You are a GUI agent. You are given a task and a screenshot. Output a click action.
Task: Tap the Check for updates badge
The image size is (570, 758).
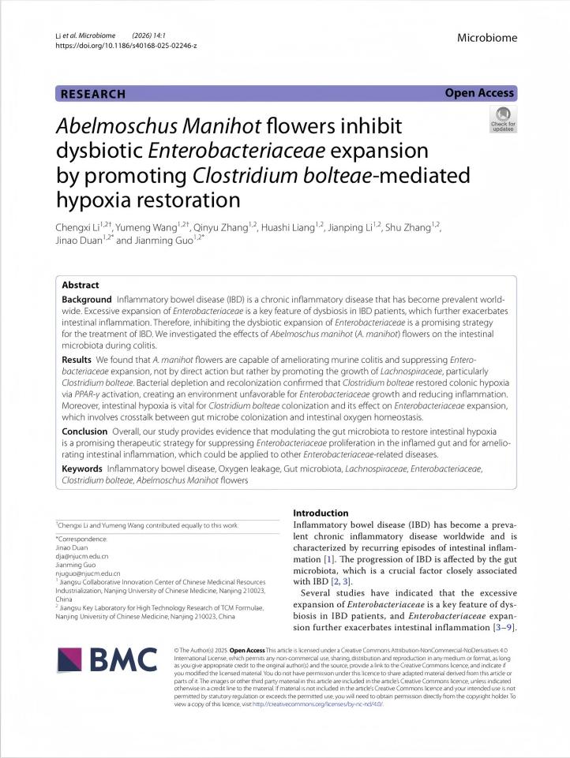pyautogui.click(x=503, y=119)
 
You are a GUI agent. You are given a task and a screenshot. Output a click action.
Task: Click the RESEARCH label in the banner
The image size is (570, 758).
pyautogui.click(x=92, y=94)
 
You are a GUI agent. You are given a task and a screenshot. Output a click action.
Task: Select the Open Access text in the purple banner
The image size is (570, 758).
pyautogui.click(x=479, y=93)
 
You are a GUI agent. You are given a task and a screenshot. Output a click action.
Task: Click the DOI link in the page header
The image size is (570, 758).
pyautogui.click(x=126, y=46)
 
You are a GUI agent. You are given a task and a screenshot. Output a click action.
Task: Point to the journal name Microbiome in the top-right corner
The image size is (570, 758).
pyautogui.click(x=486, y=37)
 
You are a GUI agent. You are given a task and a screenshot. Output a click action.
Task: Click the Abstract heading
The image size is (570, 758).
pyautogui.click(x=81, y=286)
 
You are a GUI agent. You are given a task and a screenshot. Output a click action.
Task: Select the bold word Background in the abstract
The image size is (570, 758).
pyautogui.click(x=87, y=301)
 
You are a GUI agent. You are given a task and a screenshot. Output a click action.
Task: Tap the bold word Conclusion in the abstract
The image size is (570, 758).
pyautogui.click(x=84, y=431)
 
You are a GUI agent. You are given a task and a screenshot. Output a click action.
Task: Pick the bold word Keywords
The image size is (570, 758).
pyautogui.click(x=82, y=469)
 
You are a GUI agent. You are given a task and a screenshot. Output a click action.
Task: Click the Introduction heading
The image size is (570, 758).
pyautogui.click(x=321, y=513)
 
